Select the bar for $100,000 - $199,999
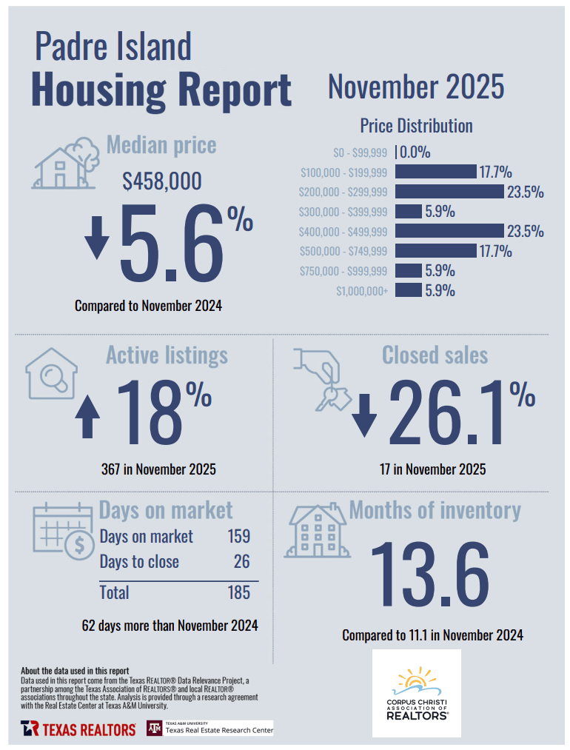pyautogui.click(x=435, y=173)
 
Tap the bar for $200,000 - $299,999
pyautogui.click(x=449, y=192)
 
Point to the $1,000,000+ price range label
pyautogui.click(x=362, y=291)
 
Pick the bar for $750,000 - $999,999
pyautogui.click(x=409, y=271)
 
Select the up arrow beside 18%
pyautogui.click(x=88, y=417)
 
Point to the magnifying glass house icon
pyautogui.click(x=52, y=374)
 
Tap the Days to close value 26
pyautogui.click(x=241, y=562)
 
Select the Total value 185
pyautogui.click(x=238, y=592)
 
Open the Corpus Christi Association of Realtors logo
pyautogui.click(x=416, y=693)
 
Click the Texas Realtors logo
pyautogui.click(x=78, y=729)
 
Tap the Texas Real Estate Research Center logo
pyautogui.click(x=210, y=729)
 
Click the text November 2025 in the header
pyautogui.click(x=416, y=87)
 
